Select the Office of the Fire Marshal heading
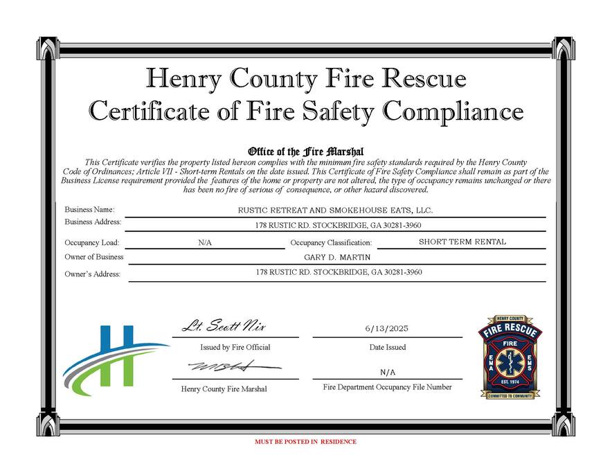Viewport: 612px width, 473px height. (305, 152)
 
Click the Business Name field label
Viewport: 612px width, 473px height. (89, 209)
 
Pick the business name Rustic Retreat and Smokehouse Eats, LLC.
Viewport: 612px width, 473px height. (335, 210)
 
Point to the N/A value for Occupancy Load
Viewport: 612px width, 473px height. (205, 243)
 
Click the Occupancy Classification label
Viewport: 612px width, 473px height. (331, 243)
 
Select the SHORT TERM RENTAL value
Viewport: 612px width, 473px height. (462, 242)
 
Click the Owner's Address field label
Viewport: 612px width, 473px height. (92, 274)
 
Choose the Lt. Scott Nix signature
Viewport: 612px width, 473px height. (224, 326)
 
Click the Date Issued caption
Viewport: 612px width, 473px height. (387, 347)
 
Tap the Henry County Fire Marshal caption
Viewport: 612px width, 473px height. (224, 389)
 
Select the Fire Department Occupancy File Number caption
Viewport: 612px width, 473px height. (387, 387)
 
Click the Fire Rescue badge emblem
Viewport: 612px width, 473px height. (510, 357)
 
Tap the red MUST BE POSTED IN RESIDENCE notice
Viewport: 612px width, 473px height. (305, 441)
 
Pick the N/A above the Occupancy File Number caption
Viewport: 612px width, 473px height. (387, 373)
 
